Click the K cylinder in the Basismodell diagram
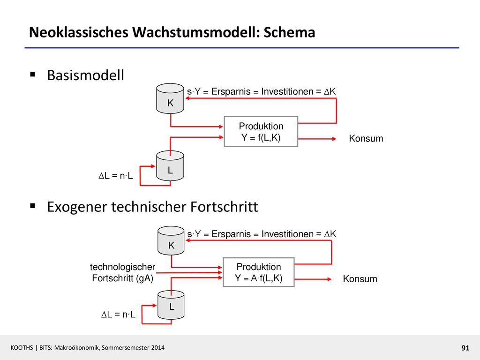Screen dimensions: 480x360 170,98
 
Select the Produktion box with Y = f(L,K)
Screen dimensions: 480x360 261,132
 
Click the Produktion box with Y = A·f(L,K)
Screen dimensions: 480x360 259,272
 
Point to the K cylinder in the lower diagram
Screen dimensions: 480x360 171,240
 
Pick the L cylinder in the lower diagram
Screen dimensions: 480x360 171,305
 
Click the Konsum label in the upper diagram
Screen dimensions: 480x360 366,138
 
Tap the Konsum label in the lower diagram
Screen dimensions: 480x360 360,279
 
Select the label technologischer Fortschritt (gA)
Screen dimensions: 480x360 122,272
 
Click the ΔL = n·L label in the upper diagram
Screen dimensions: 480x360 116,176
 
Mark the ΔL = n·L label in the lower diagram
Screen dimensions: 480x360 118,315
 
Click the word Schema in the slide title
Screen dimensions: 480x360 289,32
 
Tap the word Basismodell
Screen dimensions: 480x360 85,75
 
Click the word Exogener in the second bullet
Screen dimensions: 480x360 77,207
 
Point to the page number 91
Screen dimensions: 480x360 465,348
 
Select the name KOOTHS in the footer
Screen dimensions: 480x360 22,348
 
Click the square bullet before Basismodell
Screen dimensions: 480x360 32,74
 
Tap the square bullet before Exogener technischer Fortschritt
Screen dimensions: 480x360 32,206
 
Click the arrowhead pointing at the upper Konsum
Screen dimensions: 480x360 334,139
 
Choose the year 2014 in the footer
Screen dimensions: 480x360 158,348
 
